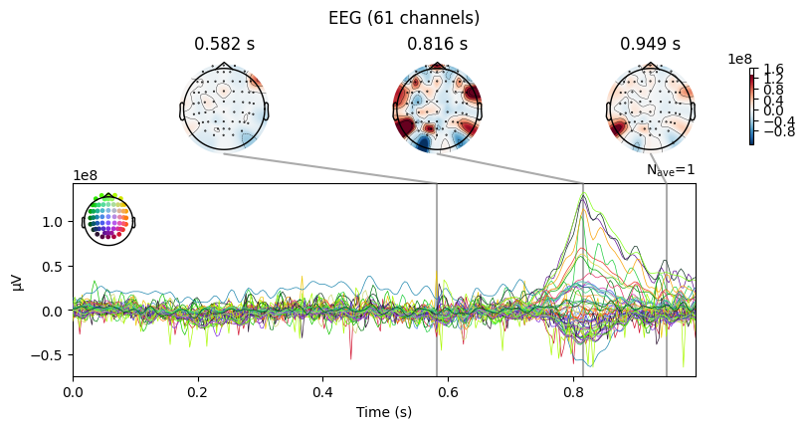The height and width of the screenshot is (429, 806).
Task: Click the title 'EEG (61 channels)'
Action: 402,17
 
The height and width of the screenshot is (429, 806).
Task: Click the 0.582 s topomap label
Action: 224,44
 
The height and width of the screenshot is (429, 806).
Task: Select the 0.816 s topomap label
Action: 437,44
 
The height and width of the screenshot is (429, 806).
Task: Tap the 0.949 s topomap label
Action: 650,44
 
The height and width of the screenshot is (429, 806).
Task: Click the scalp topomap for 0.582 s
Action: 224,107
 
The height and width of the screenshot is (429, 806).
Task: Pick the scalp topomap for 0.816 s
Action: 437,107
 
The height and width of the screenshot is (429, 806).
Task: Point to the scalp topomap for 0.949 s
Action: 650,107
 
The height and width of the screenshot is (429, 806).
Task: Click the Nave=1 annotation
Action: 670,170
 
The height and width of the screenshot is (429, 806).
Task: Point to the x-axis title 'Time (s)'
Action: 384,412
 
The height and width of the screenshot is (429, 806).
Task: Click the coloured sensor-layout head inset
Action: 107,219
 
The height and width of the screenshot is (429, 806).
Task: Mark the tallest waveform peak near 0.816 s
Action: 583,193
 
